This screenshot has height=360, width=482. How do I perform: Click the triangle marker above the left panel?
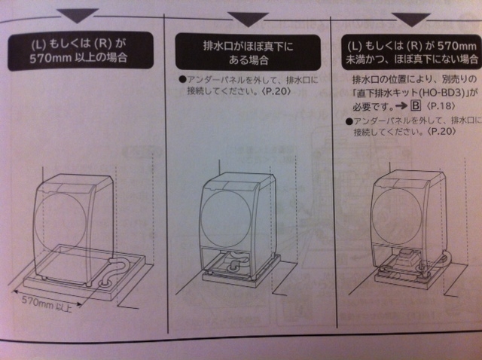pos(77,15)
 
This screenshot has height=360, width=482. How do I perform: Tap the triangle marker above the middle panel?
pos(248,19)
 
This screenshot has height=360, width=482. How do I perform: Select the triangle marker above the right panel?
pos(411,20)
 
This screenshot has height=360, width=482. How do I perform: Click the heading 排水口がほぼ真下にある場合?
pos(248,53)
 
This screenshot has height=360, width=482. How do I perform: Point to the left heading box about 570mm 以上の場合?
pos(81,51)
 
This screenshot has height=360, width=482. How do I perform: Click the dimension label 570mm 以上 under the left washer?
pos(47,304)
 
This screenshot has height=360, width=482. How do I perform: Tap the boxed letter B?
pos(416,105)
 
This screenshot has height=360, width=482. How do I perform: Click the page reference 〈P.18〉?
pos(441,106)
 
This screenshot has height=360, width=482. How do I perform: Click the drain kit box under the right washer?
pos(407,256)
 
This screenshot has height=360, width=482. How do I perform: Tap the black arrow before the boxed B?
pos(401,106)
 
